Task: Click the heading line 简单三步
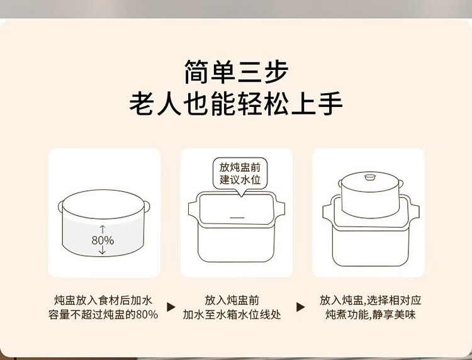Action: click(x=236, y=72)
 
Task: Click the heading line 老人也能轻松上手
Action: click(x=236, y=104)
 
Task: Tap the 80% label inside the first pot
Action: click(x=103, y=240)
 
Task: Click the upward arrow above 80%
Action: click(x=103, y=229)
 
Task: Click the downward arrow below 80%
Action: click(x=103, y=250)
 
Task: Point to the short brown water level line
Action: click(x=237, y=217)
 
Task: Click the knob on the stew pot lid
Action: click(x=370, y=177)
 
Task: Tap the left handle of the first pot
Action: click(x=60, y=206)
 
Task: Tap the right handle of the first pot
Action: click(x=147, y=206)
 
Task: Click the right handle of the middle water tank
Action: click(x=280, y=209)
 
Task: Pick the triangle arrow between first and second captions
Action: click(x=171, y=307)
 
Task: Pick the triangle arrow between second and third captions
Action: click(x=300, y=307)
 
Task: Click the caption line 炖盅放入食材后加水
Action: click(x=103, y=300)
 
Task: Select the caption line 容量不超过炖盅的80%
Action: click(x=103, y=315)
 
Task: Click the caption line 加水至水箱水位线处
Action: click(x=232, y=315)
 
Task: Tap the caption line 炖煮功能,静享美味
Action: click(x=370, y=315)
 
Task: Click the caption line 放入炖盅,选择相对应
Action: click(x=370, y=300)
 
